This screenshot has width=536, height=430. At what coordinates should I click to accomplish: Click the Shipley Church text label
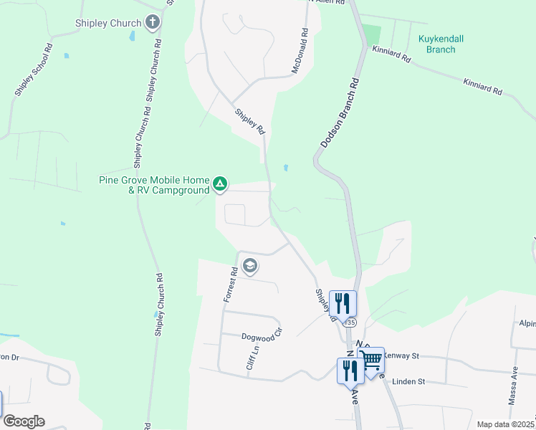pos(108,24)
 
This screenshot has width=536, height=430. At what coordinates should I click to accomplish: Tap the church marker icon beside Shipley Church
pos(152,23)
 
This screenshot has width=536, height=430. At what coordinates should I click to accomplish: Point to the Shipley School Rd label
pos(34,70)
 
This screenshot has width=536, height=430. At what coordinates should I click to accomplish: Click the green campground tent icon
pos(221,185)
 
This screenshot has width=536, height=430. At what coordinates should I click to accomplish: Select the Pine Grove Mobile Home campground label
pos(154,185)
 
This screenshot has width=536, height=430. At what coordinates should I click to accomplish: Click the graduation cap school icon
pos(250,267)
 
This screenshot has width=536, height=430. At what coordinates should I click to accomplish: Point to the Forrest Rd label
pos(231,285)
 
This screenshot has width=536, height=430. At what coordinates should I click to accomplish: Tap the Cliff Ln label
pos(252,359)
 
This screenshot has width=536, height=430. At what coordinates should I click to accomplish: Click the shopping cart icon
pos(371,359)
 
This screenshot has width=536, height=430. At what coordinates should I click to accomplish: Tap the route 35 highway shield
pos(350,323)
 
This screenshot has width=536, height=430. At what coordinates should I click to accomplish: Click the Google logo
pos(24,421)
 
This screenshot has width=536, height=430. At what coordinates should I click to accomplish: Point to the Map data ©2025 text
pos(505,424)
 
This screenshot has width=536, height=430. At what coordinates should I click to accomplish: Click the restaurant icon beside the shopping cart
pos(350,371)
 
